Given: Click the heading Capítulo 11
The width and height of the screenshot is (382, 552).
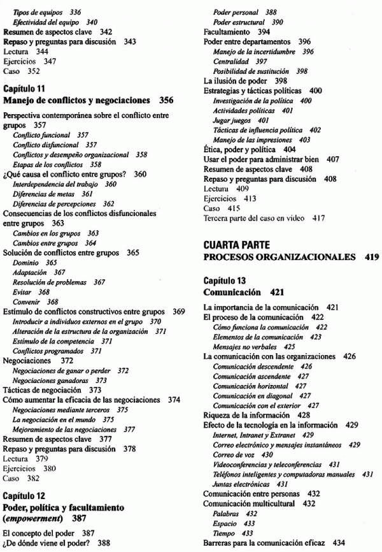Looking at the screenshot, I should [24, 89].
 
